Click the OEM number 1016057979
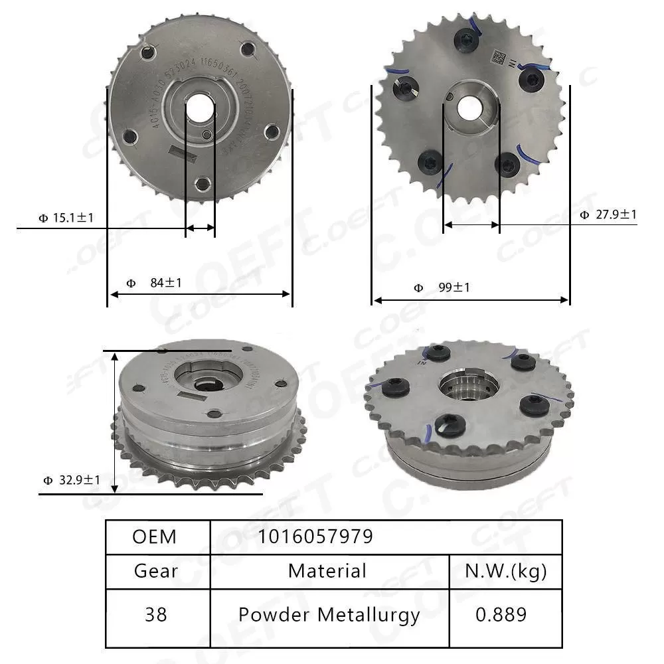tap(315, 537)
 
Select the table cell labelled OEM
tap(155, 537)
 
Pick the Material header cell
tap(327, 570)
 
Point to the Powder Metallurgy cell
tap(329, 615)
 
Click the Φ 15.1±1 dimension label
tap(66, 217)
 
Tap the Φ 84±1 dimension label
tap(154, 283)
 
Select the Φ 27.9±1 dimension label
tap(608, 214)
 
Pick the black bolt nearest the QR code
tap(531, 78)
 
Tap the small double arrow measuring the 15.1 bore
tap(200, 228)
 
